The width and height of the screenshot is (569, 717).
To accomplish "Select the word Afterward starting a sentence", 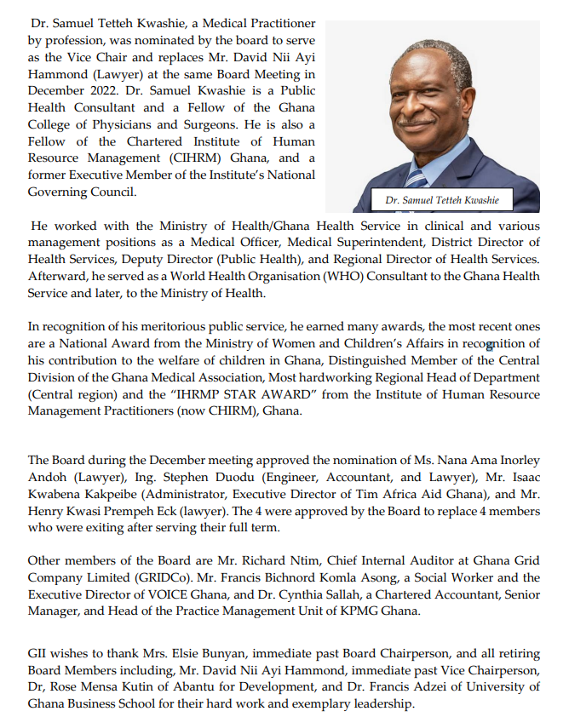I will tap(56, 276).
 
